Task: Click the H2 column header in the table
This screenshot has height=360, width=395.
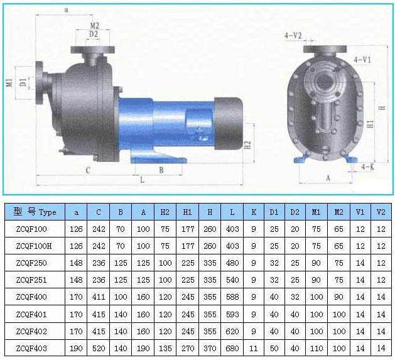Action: [165, 212]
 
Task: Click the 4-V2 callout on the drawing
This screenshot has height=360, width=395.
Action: [293, 36]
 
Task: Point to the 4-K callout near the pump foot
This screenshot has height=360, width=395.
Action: [369, 166]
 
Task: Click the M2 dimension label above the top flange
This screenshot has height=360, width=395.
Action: [94, 25]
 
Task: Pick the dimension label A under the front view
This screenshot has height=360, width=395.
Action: [327, 178]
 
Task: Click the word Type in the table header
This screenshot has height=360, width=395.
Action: [47, 212]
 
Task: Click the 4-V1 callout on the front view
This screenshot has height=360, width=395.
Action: [362, 59]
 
